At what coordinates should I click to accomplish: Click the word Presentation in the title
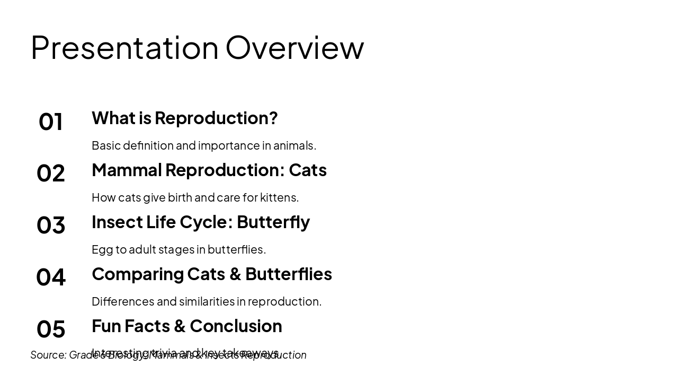tap(124, 48)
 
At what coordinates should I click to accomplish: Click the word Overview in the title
tap(295, 48)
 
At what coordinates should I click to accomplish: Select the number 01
tap(51, 121)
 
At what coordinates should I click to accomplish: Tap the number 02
tap(51, 173)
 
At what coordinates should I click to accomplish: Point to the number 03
tap(51, 225)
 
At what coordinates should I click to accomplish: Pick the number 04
tap(51, 277)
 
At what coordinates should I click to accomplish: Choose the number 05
tap(51, 329)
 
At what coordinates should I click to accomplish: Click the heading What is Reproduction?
tap(184, 118)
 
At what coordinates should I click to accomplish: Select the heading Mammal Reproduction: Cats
tap(209, 170)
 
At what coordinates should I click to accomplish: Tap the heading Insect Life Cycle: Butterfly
tap(200, 222)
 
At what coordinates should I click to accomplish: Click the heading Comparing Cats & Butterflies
tap(211, 274)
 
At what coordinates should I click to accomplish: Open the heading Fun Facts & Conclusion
tap(186, 326)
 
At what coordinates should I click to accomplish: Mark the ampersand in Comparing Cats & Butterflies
tap(235, 274)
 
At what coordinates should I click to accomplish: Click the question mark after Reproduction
tap(273, 118)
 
